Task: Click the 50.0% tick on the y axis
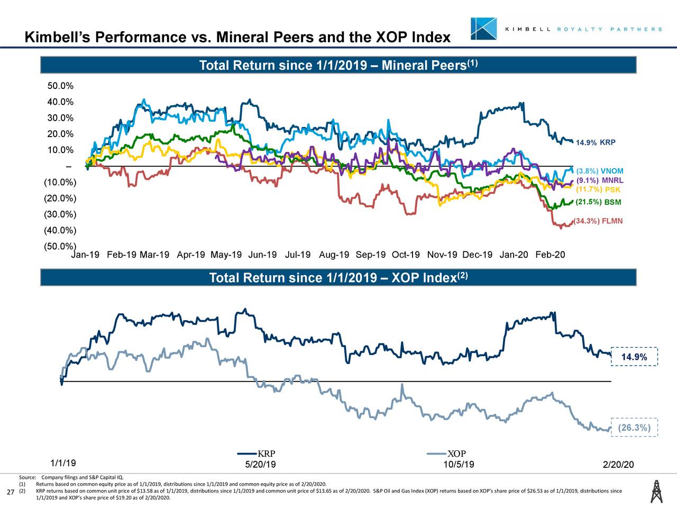click(60, 86)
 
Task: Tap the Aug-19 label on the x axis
click(334, 255)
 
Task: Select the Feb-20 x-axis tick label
click(550, 255)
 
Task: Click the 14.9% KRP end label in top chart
click(595, 143)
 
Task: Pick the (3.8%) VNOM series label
click(599, 171)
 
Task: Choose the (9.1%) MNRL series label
click(599, 180)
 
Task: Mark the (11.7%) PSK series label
click(598, 190)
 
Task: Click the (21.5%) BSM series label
click(598, 202)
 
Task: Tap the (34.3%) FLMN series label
click(598, 221)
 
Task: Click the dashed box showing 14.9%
click(634, 357)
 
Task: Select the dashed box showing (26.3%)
click(634, 428)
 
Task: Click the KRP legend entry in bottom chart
click(257, 454)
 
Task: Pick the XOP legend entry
click(446, 454)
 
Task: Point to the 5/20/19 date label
click(260, 465)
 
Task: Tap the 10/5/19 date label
click(459, 465)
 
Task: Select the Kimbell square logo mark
click(483, 29)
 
